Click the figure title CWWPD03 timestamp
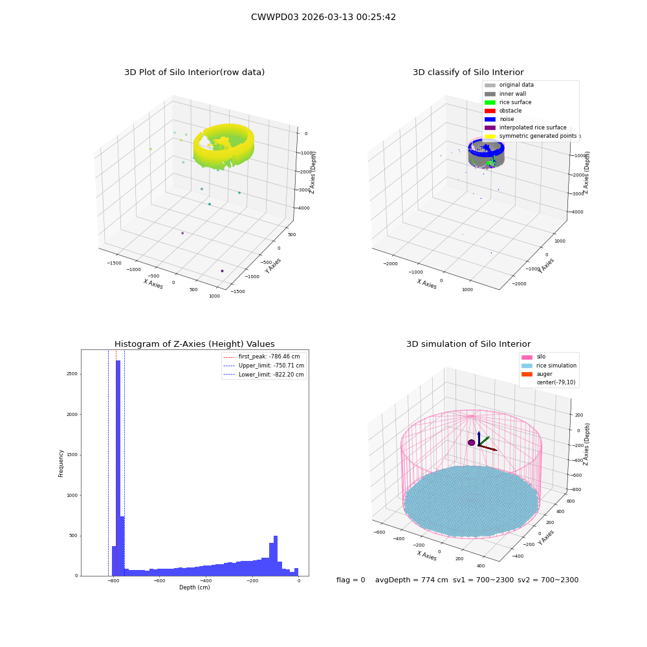click(323, 17)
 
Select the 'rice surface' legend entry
click(508, 102)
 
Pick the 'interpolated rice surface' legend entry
click(525, 127)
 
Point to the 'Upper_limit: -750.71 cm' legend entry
click(264, 366)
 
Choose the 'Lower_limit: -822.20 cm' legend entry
click(263, 375)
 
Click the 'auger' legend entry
click(536, 374)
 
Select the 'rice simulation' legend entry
click(549, 366)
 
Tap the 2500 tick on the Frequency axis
click(72, 374)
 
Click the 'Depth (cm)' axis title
click(194, 587)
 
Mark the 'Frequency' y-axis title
click(61, 463)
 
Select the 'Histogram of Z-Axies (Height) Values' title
click(194, 344)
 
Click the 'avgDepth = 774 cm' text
click(411, 580)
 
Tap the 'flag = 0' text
click(351, 580)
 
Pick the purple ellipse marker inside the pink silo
click(472, 443)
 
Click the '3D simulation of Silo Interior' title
click(468, 344)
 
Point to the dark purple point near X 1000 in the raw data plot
click(222, 270)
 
